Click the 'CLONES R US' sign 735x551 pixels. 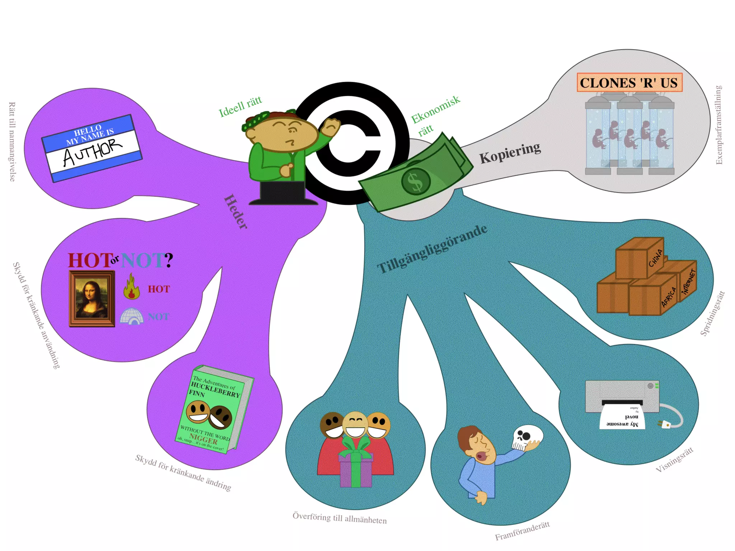629,83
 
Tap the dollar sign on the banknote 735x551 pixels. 416,181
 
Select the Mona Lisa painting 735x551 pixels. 92,298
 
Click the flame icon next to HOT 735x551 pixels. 131,287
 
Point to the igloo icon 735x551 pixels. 131,316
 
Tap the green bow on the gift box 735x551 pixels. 355,447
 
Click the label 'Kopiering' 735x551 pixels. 510,153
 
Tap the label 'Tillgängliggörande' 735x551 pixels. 432,249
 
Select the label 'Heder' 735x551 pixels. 236,212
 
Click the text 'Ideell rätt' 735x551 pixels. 240,107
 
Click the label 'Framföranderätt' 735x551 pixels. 522,531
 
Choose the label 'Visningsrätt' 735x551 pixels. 674,460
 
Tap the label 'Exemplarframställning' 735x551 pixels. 718,125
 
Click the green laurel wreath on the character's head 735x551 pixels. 256,120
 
